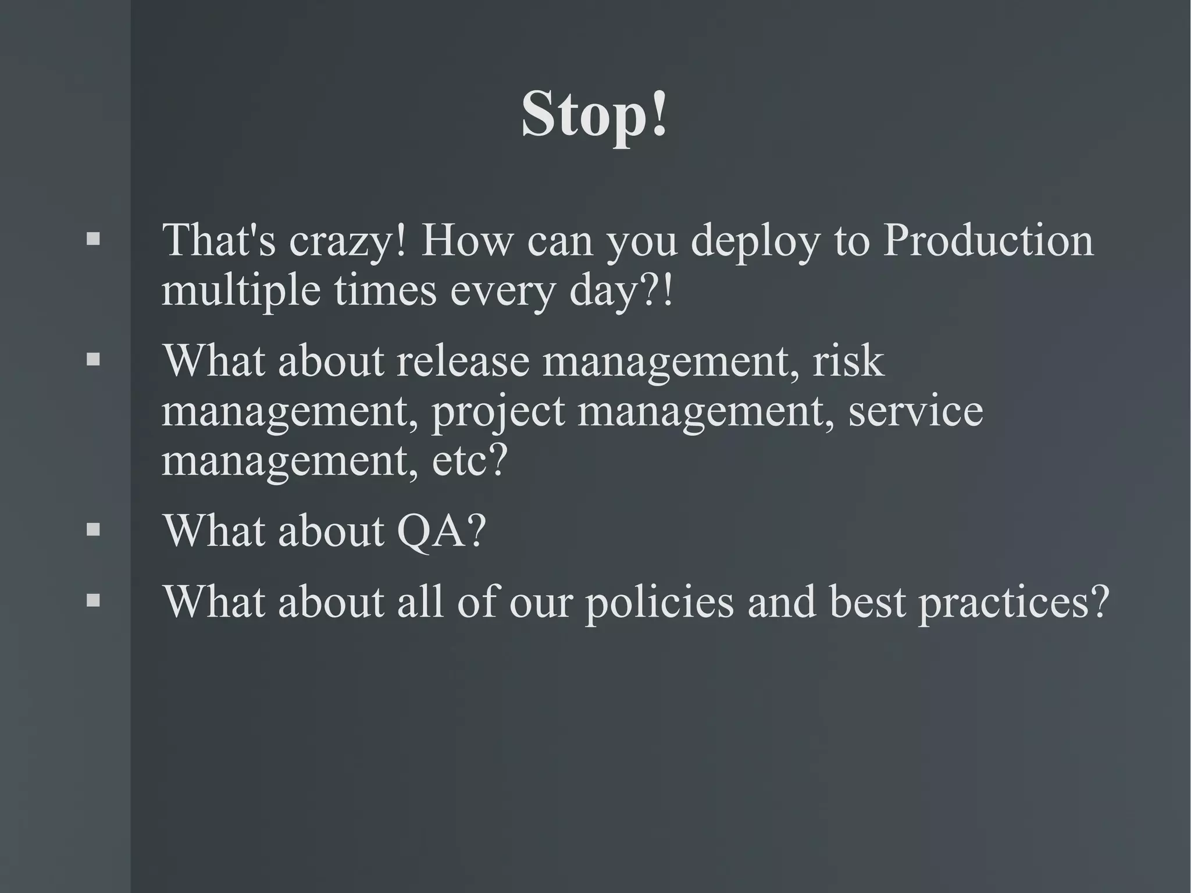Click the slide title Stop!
(x=594, y=114)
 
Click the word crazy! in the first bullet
(x=347, y=241)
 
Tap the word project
(x=498, y=412)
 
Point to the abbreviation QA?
(x=441, y=531)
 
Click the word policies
(x=659, y=602)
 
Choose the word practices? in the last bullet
(x=1014, y=602)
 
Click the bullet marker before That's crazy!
(x=93, y=239)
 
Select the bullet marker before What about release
(x=93, y=360)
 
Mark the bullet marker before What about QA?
(x=93, y=529)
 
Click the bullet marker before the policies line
(x=93, y=600)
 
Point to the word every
(x=502, y=291)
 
